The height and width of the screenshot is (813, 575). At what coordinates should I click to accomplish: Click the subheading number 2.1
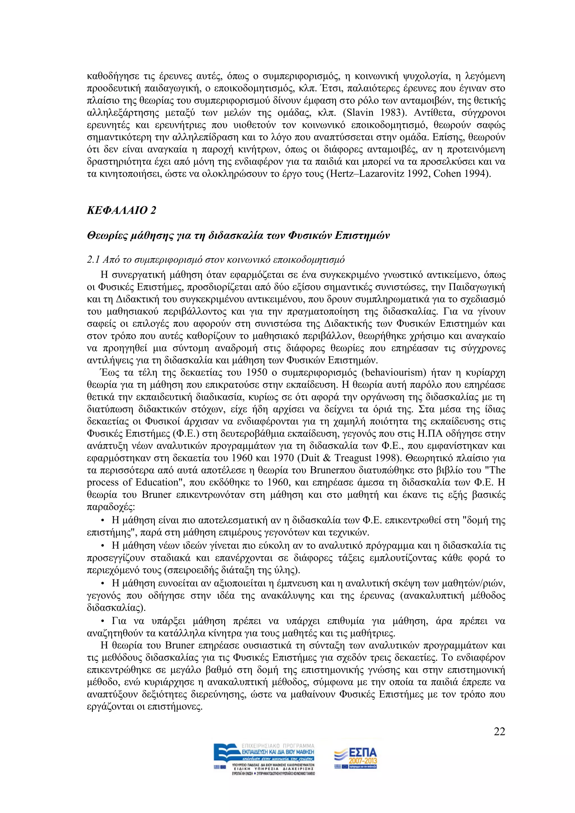point(93,260)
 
